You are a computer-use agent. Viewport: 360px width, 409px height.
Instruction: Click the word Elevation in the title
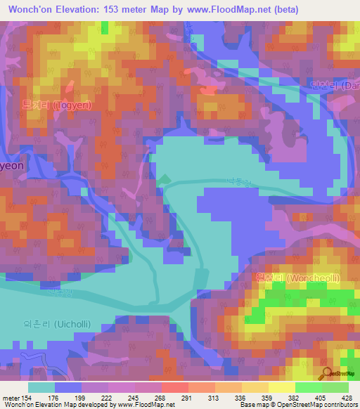[x=84, y=10]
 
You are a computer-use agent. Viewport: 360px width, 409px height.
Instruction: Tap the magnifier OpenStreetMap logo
[x=326, y=374]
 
